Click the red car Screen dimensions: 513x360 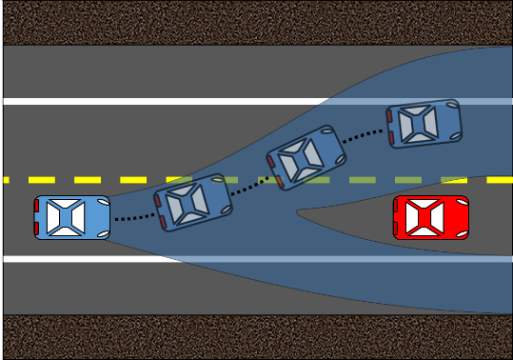tap(431, 217)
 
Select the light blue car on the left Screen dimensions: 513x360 tap(72, 217)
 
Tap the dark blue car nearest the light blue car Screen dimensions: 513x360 tap(194, 202)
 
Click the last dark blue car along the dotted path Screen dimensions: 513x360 tap(424, 124)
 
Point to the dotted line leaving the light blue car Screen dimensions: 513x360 tap(133, 218)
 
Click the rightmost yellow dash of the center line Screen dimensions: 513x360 tap(499, 179)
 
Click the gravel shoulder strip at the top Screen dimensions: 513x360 tap(257, 22)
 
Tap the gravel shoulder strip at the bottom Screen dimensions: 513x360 tap(257, 338)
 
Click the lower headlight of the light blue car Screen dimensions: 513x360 tap(105, 231)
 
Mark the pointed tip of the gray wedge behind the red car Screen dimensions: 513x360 tap(298, 210)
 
